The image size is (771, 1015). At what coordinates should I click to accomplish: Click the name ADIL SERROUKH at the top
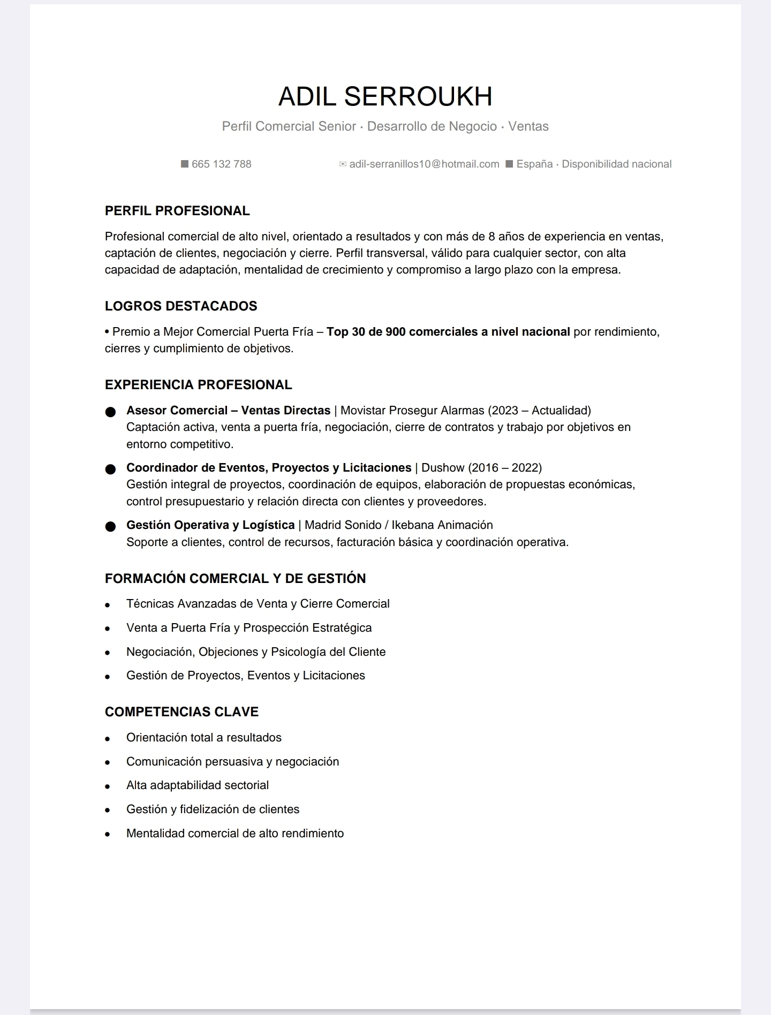[x=385, y=96]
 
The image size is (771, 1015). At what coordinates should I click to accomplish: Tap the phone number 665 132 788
[x=221, y=164]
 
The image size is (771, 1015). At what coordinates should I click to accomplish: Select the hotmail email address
[x=424, y=164]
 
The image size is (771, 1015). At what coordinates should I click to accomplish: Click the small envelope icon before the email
[x=343, y=164]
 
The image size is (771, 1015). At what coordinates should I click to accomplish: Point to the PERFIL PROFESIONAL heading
[x=177, y=211]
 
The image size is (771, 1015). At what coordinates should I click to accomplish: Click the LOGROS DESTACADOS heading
[x=181, y=306]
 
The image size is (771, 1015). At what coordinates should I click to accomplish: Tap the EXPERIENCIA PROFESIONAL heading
[x=198, y=385]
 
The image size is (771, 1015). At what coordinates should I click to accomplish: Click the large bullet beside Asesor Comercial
[x=110, y=412]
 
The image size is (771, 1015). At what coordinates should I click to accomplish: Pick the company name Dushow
[x=443, y=468]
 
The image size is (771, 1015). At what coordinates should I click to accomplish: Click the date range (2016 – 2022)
[x=505, y=468]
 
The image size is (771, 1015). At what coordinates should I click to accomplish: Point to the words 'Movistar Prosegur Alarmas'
[x=412, y=411]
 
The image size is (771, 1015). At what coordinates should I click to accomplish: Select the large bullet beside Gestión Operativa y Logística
[x=110, y=526]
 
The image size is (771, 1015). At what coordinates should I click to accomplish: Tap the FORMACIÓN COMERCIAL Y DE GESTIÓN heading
[x=235, y=579]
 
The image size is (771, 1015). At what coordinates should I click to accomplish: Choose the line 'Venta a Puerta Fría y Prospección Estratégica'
[x=249, y=628]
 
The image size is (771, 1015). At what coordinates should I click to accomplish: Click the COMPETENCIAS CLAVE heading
[x=182, y=712]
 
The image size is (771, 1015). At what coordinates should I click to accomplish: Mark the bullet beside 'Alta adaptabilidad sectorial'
[x=108, y=786]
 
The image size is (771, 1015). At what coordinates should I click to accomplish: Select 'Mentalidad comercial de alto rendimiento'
[x=235, y=834]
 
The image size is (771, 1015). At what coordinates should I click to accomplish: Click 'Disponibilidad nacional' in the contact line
[x=616, y=164]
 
